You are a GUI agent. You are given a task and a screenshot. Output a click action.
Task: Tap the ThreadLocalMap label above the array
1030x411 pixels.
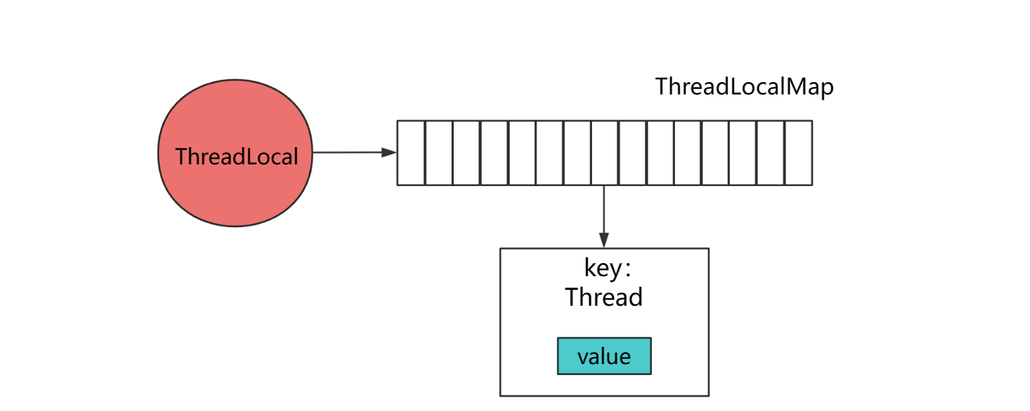point(744,87)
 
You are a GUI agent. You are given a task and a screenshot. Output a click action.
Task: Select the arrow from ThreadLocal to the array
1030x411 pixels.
point(353,152)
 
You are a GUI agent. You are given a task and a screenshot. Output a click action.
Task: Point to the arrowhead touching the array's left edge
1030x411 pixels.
point(390,152)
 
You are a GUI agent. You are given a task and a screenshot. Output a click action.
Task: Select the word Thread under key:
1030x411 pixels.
point(604,297)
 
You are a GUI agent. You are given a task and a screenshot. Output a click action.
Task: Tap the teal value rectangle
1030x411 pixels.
point(604,356)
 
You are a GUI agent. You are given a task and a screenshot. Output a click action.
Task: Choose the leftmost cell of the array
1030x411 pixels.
point(411,153)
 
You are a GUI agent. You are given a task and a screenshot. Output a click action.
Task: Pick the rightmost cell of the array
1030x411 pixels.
point(798,153)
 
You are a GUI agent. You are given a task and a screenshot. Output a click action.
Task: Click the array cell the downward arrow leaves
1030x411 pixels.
point(604,153)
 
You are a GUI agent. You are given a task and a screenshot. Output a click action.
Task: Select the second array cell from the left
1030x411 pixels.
point(439,153)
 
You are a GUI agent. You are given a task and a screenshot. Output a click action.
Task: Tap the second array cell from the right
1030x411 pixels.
point(771,153)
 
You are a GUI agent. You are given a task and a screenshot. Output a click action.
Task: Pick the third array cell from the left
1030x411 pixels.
point(467,153)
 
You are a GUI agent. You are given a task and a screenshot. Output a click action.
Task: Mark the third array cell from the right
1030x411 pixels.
point(743,153)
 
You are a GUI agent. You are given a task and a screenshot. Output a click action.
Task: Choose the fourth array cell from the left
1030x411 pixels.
point(494,153)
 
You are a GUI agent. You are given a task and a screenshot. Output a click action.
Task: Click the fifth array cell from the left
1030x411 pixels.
point(521,153)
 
